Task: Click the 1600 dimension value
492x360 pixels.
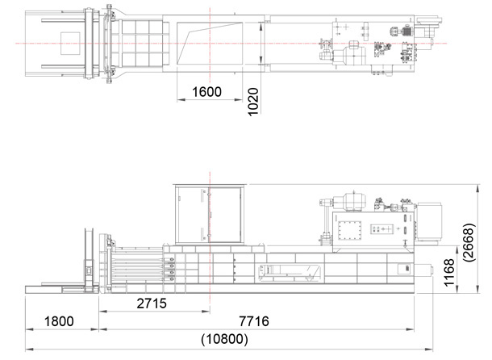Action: pyautogui.click(x=206, y=92)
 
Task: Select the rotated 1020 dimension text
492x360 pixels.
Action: pyautogui.click(x=253, y=102)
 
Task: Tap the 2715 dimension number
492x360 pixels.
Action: pyautogui.click(x=152, y=303)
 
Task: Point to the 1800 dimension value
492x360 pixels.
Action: pyautogui.click(x=59, y=321)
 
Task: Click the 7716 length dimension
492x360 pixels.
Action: pyautogui.click(x=254, y=321)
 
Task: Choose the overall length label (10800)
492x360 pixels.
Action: pyautogui.click(x=225, y=339)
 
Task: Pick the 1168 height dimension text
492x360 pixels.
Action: pyautogui.click(x=449, y=272)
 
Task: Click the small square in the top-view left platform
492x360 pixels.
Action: pyautogui.click(x=70, y=44)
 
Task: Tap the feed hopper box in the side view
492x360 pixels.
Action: pyautogui.click(x=209, y=215)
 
